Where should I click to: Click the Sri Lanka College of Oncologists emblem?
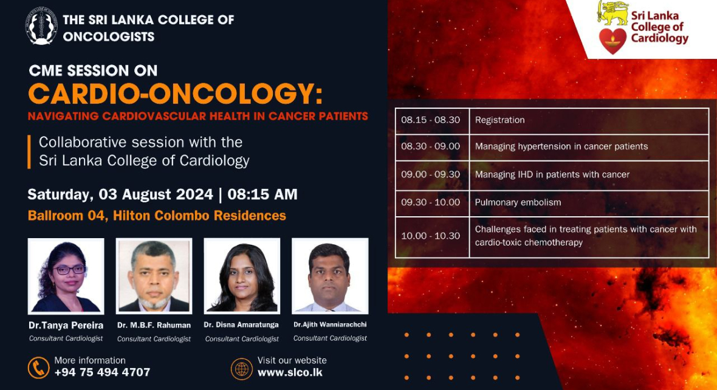pos(41,26)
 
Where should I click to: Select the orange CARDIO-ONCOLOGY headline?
pos(175,94)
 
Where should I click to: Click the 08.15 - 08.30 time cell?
pos(432,121)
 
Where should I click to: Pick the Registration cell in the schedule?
pos(589,121)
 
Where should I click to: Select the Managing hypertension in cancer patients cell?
pos(589,147)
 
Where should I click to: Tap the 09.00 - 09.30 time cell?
pos(432,175)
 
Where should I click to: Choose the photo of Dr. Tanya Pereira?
pos(66,276)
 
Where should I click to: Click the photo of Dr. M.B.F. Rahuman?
pos(154,276)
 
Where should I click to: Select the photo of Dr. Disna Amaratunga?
pos(242,276)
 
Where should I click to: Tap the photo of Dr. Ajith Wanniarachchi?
pos(330,276)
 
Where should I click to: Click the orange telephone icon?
pos(39,368)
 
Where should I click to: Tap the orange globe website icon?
pos(241,369)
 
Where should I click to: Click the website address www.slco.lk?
pos(290,372)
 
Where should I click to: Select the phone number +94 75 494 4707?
pos(102,372)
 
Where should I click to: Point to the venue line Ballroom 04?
pos(157,216)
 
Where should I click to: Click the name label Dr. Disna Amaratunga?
pos(241,325)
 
